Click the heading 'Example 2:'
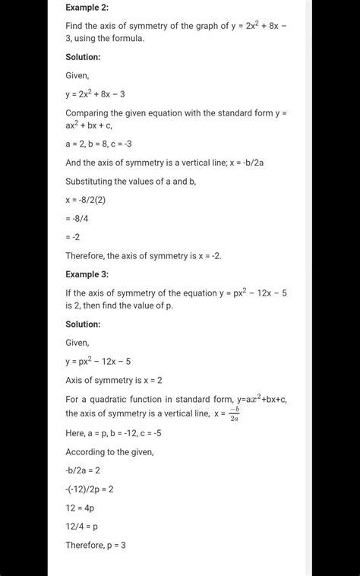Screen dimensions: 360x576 coord(87,7)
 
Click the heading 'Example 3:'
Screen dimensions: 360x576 coord(87,274)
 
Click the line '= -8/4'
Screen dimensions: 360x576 coord(78,218)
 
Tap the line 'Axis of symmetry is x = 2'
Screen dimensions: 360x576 coord(114,379)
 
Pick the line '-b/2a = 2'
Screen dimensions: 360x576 coord(85,470)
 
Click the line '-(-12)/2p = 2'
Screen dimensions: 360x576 coord(90,489)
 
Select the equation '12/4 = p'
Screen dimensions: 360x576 coord(82,526)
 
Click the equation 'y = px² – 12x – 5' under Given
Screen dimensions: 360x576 coord(112,361)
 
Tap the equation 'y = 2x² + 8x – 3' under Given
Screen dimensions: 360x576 coord(106,94)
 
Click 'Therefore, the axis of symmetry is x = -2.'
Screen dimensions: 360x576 coord(154,255)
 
